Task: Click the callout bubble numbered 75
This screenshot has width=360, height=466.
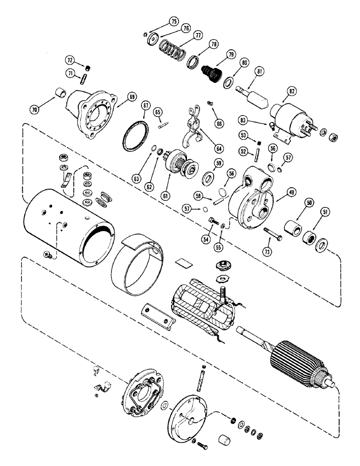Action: coord(173,21)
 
